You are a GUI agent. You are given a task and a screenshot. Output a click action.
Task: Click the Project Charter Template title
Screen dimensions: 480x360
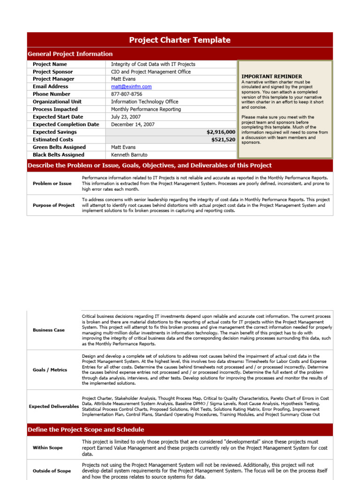coord(180,40)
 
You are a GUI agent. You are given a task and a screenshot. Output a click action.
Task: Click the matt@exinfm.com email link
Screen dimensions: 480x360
coord(131,87)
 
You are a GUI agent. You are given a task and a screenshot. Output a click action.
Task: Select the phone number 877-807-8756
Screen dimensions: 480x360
coord(127,94)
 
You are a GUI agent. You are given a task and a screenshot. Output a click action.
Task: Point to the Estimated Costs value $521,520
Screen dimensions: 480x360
coord(223,140)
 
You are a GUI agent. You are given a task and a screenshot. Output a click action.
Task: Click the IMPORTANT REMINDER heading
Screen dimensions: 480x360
coord(271,76)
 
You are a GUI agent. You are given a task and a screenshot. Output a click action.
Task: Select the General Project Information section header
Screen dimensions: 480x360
coord(70,54)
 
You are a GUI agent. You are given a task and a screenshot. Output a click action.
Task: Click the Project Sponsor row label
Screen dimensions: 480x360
coord(53,72)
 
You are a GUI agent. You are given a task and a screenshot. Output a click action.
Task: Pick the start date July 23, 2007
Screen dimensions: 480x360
coord(126,117)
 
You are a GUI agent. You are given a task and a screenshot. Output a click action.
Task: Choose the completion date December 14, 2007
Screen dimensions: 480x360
coord(133,125)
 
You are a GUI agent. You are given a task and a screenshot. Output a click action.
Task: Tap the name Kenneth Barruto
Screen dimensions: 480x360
coord(129,155)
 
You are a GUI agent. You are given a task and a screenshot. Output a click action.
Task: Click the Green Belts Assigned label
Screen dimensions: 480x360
coord(59,147)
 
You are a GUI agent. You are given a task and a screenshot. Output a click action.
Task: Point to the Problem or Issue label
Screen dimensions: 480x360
coord(52,183)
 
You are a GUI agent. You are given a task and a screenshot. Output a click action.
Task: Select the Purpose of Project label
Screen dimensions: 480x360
coord(53,205)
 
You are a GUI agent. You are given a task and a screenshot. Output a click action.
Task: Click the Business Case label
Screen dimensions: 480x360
coord(49,330)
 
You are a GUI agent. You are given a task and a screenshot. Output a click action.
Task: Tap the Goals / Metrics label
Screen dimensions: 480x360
coord(50,370)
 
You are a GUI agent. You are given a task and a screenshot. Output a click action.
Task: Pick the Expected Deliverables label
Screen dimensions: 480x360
coord(54,406)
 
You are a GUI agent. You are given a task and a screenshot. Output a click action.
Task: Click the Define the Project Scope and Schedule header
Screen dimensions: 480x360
coord(86,429)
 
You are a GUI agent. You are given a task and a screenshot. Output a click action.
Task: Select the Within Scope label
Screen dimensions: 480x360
coord(48,448)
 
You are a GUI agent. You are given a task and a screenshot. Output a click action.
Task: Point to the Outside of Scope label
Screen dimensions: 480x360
coord(52,471)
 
